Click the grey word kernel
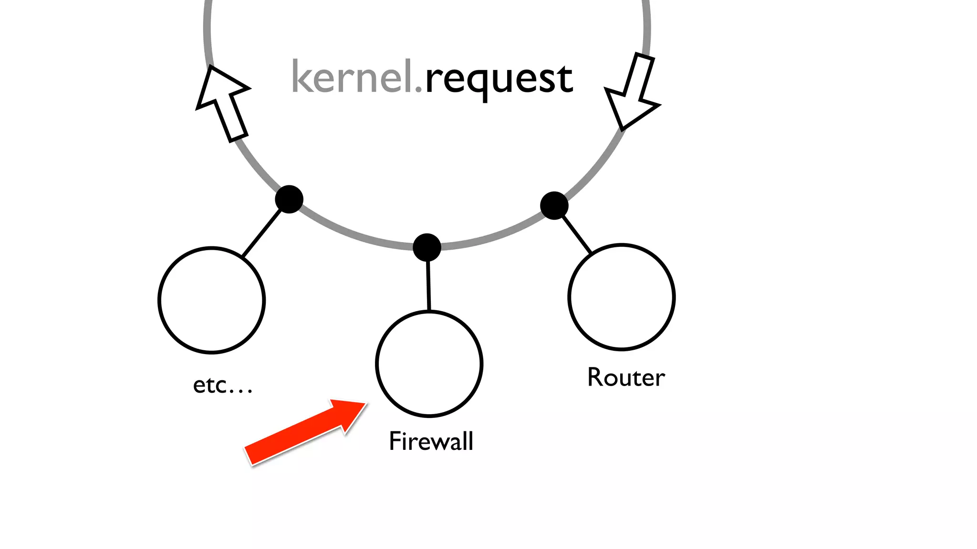click(x=352, y=77)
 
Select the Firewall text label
click(x=431, y=441)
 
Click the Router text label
click(x=626, y=377)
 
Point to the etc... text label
click(x=222, y=385)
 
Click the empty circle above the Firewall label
click(x=429, y=364)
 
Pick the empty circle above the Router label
click(x=621, y=297)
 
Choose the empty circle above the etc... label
click(x=211, y=300)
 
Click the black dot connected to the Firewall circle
click(x=427, y=247)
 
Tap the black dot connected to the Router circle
click(x=554, y=206)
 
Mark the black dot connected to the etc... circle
click(x=289, y=199)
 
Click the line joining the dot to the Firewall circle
click(x=428, y=286)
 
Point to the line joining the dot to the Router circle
click(x=577, y=234)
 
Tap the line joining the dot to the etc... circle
click(x=261, y=234)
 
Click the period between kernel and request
click(x=418, y=89)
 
